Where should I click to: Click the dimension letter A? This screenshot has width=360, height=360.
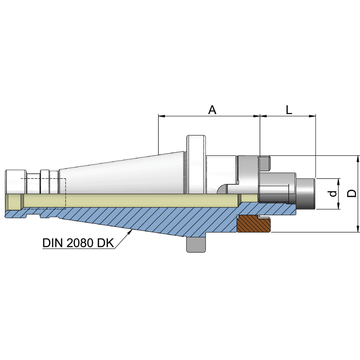212,110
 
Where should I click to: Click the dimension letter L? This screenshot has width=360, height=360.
289,110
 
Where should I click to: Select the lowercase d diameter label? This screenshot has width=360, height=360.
333,193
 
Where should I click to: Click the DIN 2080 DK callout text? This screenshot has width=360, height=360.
78,243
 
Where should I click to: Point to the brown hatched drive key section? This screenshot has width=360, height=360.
254,224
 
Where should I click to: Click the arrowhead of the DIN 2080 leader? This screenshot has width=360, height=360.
130,232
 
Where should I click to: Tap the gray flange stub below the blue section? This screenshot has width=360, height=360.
196,244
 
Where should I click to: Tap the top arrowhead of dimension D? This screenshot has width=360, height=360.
358,158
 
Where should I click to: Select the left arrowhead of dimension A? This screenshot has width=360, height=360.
161,116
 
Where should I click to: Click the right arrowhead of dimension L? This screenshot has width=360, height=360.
313,116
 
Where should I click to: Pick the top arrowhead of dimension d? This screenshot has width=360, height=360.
339,181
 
